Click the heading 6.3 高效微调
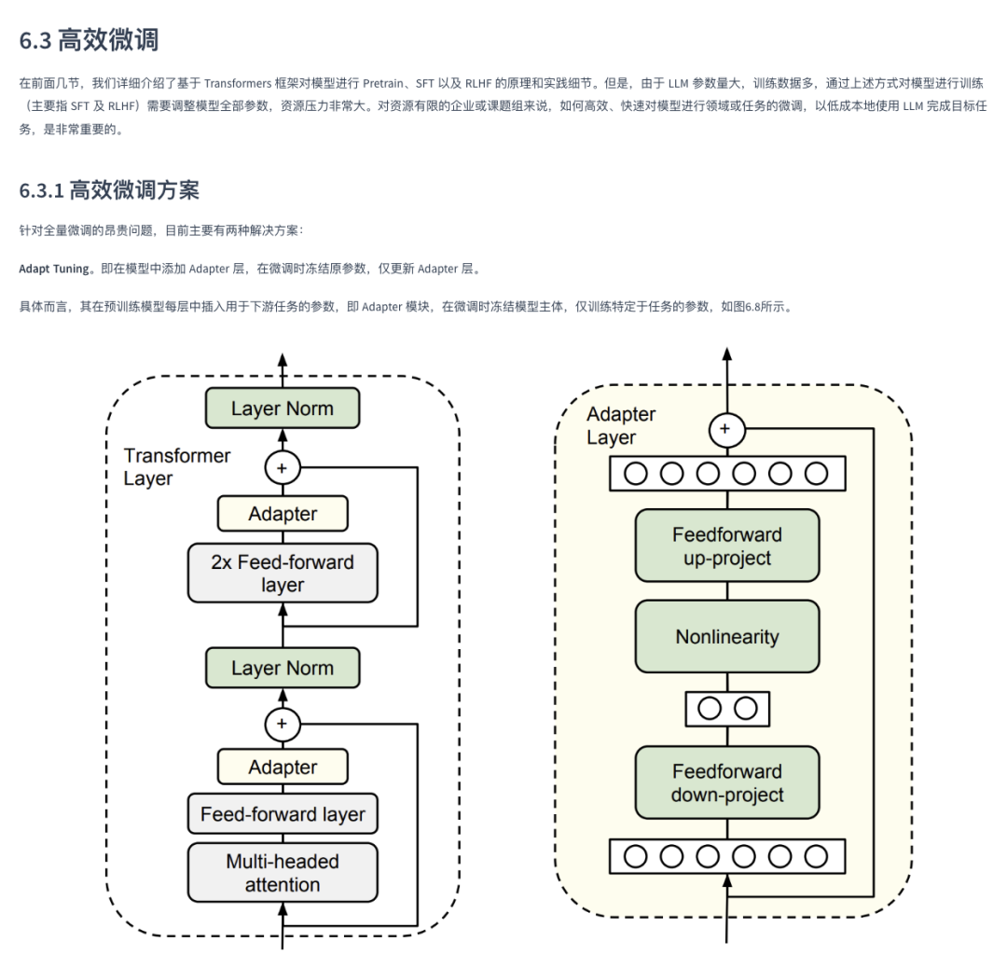click(x=89, y=40)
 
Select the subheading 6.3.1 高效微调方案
click(x=109, y=190)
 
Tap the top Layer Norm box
click(x=282, y=408)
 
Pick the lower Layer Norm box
click(x=282, y=668)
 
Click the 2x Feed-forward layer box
click(x=282, y=574)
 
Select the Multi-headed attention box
click(x=282, y=873)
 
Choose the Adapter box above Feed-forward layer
click(x=282, y=768)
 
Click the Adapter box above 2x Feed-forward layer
click(x=282, y=514)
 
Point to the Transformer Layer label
click(x=176, y=466)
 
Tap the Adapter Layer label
click(x=620, y=425)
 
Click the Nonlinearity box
click(x=726, y=637)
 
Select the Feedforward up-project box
click(x=726, y=547)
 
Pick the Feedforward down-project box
click(x=726, y=783)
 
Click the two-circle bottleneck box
click(x=726, y=709)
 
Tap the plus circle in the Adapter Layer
click(x=726, y=430)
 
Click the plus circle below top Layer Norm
click(x=282, y=466)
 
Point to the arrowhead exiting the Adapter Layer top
click(x=726, y=355)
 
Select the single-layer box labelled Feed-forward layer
click(x=282, y=814)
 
